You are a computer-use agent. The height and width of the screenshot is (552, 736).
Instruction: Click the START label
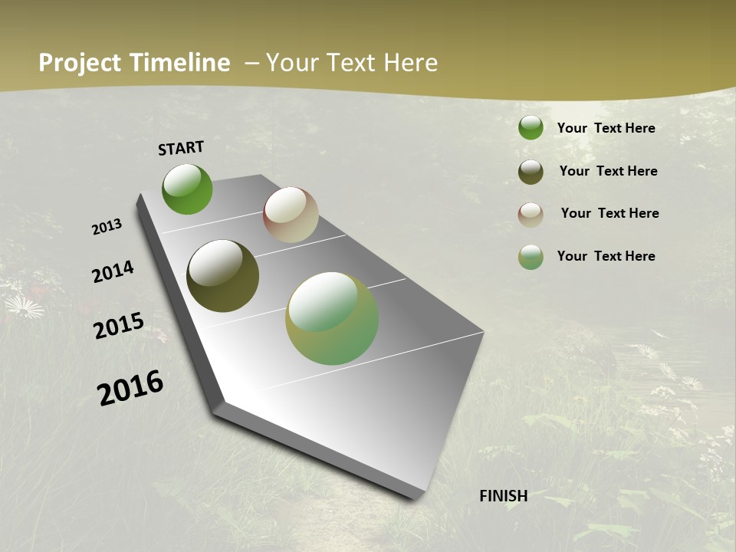coord(181,148)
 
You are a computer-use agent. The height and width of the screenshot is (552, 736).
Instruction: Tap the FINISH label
coord(504,496)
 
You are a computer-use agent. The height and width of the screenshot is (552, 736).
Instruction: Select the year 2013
coord(107,227)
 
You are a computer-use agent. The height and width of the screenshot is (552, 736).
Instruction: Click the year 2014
coord(113,271)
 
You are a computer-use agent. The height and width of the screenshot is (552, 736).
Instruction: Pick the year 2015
coord(119,326)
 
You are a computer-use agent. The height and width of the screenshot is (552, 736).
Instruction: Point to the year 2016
coord(130,388)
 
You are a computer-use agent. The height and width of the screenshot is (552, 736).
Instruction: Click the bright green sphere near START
coord(187,189)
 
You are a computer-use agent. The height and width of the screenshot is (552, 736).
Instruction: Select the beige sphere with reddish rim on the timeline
coord(291,215)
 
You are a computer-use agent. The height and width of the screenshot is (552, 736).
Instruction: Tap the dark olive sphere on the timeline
coord(222,276)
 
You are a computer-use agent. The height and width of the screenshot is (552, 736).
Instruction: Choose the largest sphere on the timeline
coord(332,318)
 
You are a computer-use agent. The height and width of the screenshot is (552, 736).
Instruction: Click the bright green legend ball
coord(531,128)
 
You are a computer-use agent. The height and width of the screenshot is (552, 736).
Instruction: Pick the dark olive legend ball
coord(531,172)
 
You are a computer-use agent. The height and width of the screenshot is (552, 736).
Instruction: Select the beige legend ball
coord(531,215)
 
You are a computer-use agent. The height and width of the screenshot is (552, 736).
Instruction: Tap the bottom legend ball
coord(531,257)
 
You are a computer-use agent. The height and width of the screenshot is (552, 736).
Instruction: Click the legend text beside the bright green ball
coord(606,128)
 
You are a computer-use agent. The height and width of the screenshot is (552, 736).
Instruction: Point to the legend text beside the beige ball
coord(609,213)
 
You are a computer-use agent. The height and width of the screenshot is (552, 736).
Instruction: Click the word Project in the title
coord(80,63)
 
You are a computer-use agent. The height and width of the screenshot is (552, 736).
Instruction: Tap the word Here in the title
coord(410,63)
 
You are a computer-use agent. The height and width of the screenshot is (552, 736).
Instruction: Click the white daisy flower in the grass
coord(25,307)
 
